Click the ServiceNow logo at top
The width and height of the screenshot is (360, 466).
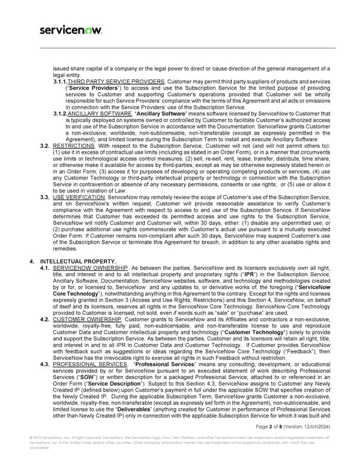[x=70, y=29]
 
